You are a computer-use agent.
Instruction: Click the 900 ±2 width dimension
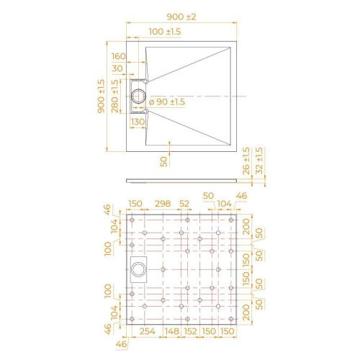click(181, 14)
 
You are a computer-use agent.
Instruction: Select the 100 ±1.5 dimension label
click(165, 32)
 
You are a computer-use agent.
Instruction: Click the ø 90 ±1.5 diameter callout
click(166, 102)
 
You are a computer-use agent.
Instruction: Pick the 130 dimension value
click(138, 122)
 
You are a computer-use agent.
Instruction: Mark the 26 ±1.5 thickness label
click(246, 162)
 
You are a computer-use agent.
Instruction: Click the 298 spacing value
click(163, 204)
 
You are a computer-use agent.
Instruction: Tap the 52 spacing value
click(184, 204)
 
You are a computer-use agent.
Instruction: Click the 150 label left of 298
click(135, 204)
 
